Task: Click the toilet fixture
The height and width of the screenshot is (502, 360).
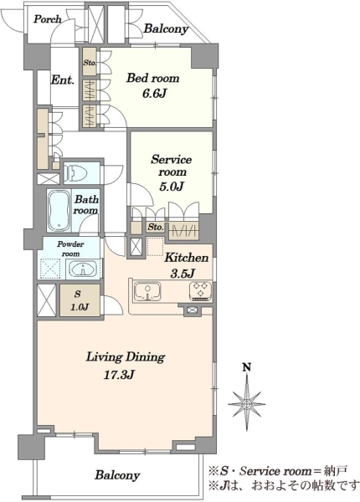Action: point(76,174)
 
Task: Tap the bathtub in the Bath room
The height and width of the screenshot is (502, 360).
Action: point(59,210)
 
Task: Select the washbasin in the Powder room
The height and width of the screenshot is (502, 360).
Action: point(83,268)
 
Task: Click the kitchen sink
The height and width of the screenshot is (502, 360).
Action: point(147,292)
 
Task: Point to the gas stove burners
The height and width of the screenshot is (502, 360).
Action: point(200,290)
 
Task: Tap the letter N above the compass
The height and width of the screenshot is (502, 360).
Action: point(246,367)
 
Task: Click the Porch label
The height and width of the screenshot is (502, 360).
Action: point(48,19)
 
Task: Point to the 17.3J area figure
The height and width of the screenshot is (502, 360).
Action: point(118,375)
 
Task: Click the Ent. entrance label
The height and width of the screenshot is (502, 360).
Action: point(63,80)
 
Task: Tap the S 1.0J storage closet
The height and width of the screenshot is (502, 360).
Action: point(80,300)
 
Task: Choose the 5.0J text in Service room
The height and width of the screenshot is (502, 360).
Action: point(171,187)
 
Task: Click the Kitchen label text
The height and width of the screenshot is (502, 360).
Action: point(187,258)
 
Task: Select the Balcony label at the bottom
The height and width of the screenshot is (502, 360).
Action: point(117,474)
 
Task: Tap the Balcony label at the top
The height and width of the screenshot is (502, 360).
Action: point(166,28)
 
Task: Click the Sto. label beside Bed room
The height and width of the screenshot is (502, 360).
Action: point(90,63)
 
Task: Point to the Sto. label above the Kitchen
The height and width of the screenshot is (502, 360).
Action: point(156,227)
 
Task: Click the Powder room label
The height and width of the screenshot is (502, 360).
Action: point(71,248)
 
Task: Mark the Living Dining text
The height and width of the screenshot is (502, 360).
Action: point(126,357)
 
